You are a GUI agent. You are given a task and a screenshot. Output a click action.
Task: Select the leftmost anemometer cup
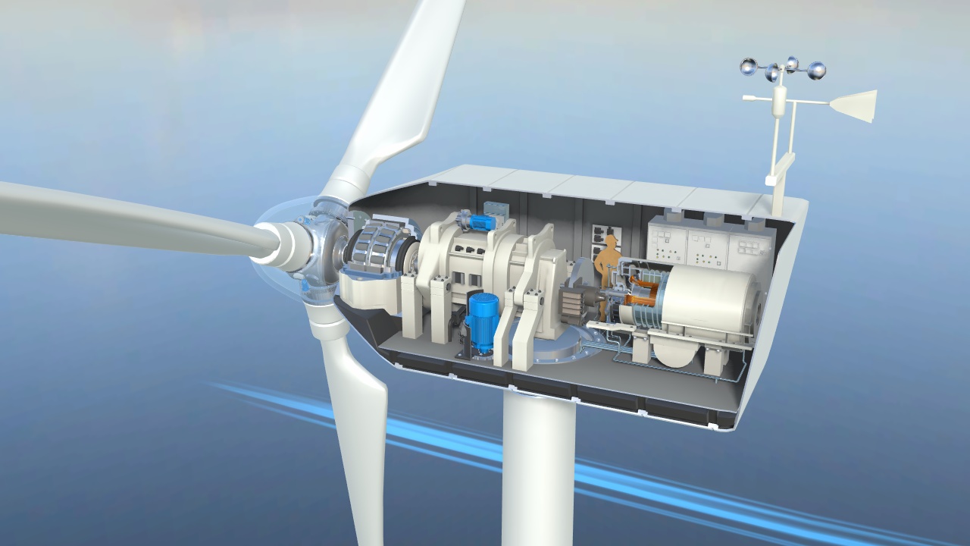tap(749, 67)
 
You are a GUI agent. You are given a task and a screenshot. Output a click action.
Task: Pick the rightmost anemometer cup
tap(816, 71)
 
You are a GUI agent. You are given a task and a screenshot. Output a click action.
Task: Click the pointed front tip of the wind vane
tap(746, 98)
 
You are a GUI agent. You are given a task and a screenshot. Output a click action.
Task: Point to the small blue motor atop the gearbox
tap(480, 221)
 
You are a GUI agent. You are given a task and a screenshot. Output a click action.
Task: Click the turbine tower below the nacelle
tap(538, 470)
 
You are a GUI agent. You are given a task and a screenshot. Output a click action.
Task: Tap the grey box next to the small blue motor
tap(496, 211)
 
